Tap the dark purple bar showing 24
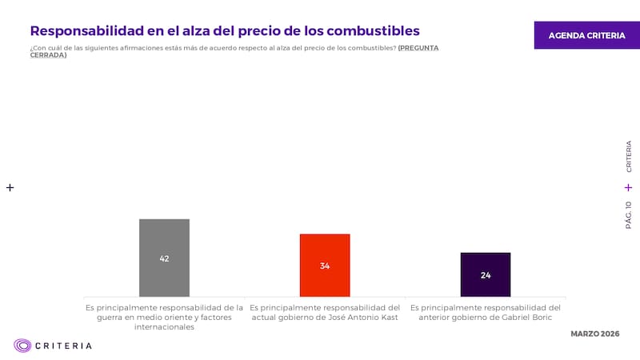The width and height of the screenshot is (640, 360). [486, 284]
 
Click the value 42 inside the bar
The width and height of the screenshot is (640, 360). [164, 258]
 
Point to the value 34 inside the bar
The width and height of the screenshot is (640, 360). [325, 266]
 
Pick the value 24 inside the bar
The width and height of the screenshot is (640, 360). [486, 275]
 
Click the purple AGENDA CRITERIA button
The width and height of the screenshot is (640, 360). [586, 35]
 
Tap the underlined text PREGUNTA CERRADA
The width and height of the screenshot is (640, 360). [418, 48]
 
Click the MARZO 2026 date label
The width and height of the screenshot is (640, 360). [594, 333]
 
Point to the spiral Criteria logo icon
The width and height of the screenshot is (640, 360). [22, 346]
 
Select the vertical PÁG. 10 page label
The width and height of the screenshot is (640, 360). [628, 214]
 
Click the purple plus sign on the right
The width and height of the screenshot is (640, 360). [628, 187]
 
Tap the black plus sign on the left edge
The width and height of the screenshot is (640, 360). [10, 187]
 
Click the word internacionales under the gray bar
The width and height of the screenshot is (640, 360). [164, 327]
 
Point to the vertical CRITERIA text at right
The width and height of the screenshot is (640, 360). [628, 157]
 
